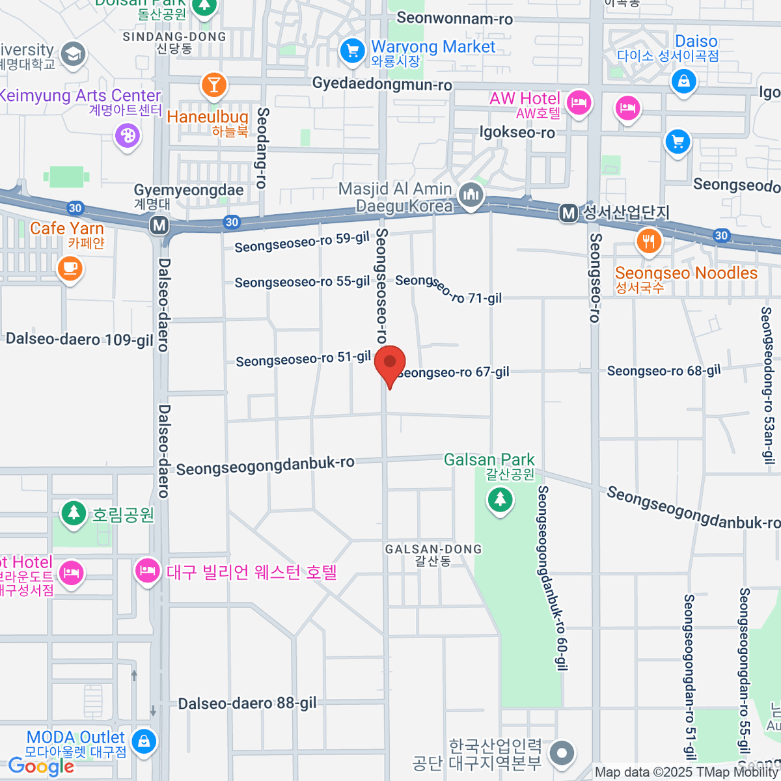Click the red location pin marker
390,363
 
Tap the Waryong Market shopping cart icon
352,51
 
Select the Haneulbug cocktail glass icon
213,85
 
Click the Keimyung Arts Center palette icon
127,136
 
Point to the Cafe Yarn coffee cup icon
70,267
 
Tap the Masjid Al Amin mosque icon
470,195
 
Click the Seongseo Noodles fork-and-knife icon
648,241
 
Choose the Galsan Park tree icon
500,500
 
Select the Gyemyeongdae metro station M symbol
159,226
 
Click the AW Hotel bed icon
578,103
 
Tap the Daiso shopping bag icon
683,82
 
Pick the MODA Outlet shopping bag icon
143,741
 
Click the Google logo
40,767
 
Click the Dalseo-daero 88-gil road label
247,704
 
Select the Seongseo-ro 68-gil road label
664,371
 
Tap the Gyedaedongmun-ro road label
382,84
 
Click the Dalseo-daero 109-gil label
79,339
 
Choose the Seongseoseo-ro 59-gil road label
302,243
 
